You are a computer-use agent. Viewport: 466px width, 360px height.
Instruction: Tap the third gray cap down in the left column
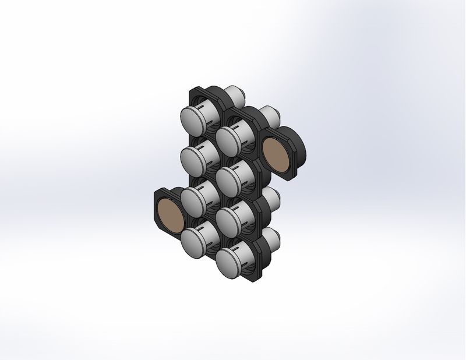click(x=195, y=198)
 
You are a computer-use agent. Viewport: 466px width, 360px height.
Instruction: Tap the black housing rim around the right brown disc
click(x=295, y=146)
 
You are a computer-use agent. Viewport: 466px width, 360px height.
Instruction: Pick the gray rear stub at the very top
click(x=236, y=93)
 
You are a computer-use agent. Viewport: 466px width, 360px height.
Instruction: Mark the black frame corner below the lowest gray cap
click(x=256, y=278)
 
